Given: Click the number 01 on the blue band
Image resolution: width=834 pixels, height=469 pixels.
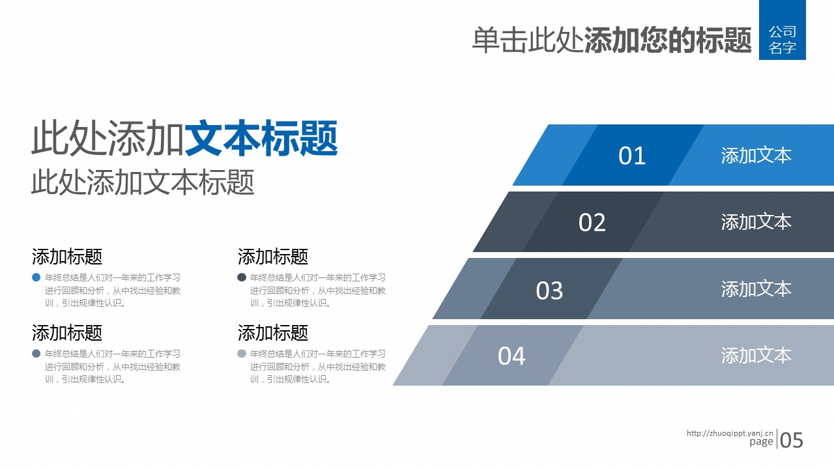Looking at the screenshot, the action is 632,156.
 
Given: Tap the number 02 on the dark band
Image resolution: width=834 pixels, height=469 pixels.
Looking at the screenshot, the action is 592,223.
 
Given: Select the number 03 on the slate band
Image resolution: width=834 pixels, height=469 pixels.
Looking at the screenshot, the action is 549,291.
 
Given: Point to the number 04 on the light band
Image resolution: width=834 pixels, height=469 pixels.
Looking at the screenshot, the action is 511,356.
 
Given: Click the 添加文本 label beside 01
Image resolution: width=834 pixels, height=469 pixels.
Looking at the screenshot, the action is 756,155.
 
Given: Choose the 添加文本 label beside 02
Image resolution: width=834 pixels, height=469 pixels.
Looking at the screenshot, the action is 756,222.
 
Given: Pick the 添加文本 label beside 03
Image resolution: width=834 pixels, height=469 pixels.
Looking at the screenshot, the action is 756,289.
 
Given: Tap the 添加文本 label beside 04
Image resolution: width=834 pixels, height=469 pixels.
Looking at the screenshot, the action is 756,355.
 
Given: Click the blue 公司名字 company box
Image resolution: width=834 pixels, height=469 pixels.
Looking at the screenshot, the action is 783,30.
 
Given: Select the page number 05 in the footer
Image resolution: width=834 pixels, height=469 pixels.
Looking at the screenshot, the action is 792,440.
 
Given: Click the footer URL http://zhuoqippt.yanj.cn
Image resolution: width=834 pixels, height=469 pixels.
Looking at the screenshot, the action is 730,433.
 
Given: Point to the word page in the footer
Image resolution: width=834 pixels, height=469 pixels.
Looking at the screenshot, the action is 762,442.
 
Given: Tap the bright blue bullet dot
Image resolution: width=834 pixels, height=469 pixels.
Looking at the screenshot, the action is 36,277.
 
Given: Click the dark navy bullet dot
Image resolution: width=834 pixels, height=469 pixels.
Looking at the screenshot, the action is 242,277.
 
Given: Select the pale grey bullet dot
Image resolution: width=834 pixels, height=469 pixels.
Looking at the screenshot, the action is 242,353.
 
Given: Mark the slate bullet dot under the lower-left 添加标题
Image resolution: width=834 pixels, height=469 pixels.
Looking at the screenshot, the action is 36,353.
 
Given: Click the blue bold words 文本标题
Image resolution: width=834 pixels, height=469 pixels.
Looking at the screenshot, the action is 261,138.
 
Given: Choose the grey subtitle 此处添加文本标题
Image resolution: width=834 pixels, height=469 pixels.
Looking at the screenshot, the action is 143,182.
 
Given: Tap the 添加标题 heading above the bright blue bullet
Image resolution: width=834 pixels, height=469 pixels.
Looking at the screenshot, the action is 67,257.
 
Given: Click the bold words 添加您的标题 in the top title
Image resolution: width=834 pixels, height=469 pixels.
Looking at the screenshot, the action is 668,40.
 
